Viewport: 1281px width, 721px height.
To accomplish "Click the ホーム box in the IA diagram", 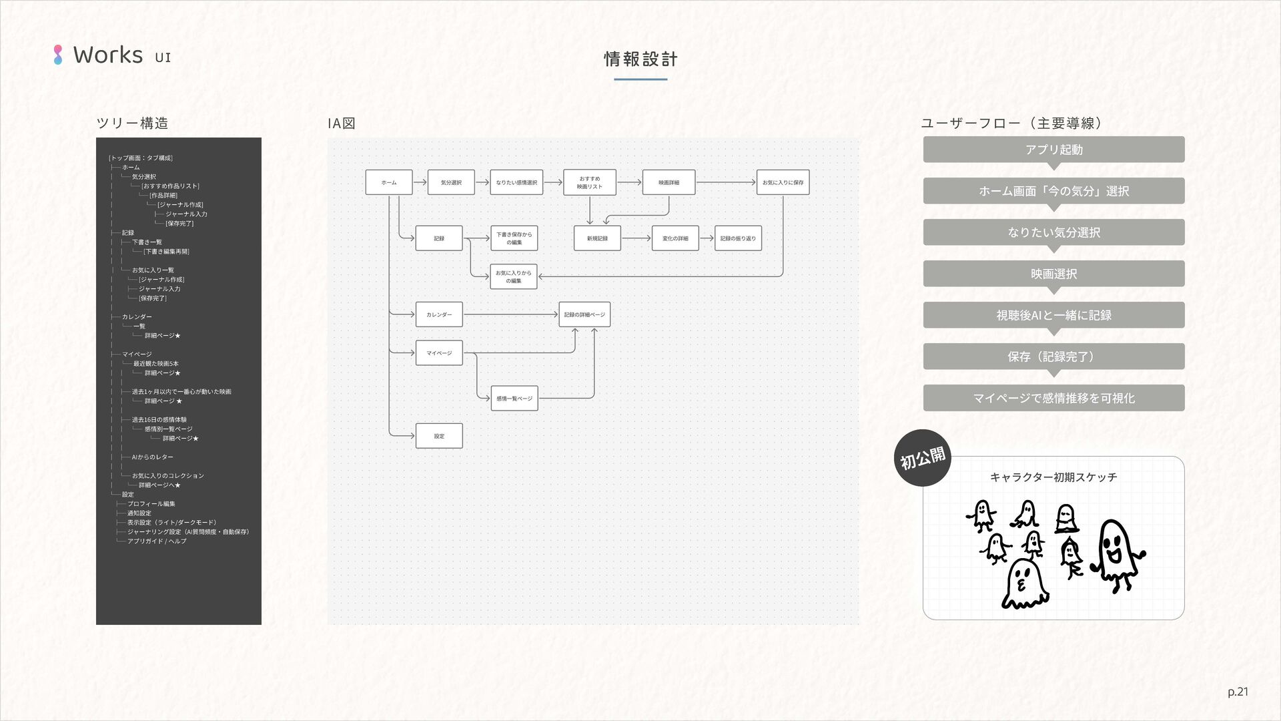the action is (389, 182).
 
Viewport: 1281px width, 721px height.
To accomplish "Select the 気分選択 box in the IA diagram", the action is (451, 182).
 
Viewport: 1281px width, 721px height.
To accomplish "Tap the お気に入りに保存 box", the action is (783, 182).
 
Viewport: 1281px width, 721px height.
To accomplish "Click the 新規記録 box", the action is (597, 238).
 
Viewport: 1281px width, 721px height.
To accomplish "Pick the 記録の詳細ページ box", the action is (584, 314).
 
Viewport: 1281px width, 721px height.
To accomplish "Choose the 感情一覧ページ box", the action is (514, 399).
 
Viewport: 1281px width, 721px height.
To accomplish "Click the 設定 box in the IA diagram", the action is (439, 436).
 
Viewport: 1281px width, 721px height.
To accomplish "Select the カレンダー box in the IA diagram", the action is (439, 314).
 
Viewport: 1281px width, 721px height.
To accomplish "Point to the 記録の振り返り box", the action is (738, 238).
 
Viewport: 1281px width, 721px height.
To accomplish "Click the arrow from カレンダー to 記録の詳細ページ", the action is (510, 314).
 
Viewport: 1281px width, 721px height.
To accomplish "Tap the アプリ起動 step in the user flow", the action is (1053, 150).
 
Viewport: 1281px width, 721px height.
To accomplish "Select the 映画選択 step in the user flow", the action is (1053, 274).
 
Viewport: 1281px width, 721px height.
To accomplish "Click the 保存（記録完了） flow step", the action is (1053, 356).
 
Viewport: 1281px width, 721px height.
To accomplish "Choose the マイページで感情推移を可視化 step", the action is (1053, 398).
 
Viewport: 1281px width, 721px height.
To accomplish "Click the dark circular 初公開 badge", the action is (923, 458).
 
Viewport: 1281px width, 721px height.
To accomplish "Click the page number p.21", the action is (1238, 692).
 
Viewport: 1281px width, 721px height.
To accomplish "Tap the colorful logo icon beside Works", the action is (58, 55).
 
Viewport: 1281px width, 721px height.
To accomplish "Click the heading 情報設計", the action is (640, 59).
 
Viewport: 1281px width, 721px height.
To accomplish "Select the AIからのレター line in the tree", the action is (153, 457).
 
